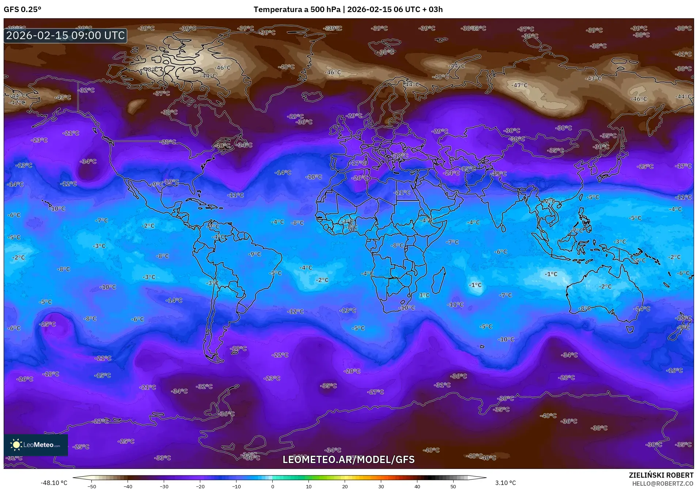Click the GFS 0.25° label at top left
click(22, 10)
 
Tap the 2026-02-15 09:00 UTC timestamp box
click(65, 35)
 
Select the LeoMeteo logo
click(36, 445)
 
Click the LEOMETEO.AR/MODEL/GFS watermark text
click(348, 459)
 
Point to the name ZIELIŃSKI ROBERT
click(661, 475)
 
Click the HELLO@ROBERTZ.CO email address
click(663, 483)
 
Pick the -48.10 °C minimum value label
click(54, 483)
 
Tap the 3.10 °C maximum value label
click(505, 483)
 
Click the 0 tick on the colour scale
click(272, 486)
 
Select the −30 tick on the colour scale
click(164, 486)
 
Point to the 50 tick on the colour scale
click(453, 486)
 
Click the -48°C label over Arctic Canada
click(150, 69)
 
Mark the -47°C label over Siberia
click(520, 85)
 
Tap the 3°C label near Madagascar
click(424, 295)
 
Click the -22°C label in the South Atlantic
click(280, 355)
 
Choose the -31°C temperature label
click(442, 385)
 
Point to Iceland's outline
click(313, 96)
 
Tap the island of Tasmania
click(629, 330)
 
